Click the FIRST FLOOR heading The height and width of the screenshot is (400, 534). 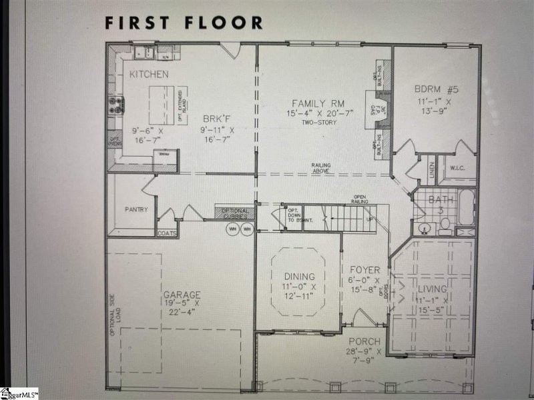[183, 22]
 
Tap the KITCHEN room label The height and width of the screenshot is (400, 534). [149, 73]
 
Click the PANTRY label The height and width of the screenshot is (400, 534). [136, 209]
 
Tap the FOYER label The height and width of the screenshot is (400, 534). [365, 270]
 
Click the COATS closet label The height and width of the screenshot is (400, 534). [167, 233]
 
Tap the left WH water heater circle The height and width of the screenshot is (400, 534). [234, 229]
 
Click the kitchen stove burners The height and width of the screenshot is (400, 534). [116, 104]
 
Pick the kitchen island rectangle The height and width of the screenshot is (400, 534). [160, 103]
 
